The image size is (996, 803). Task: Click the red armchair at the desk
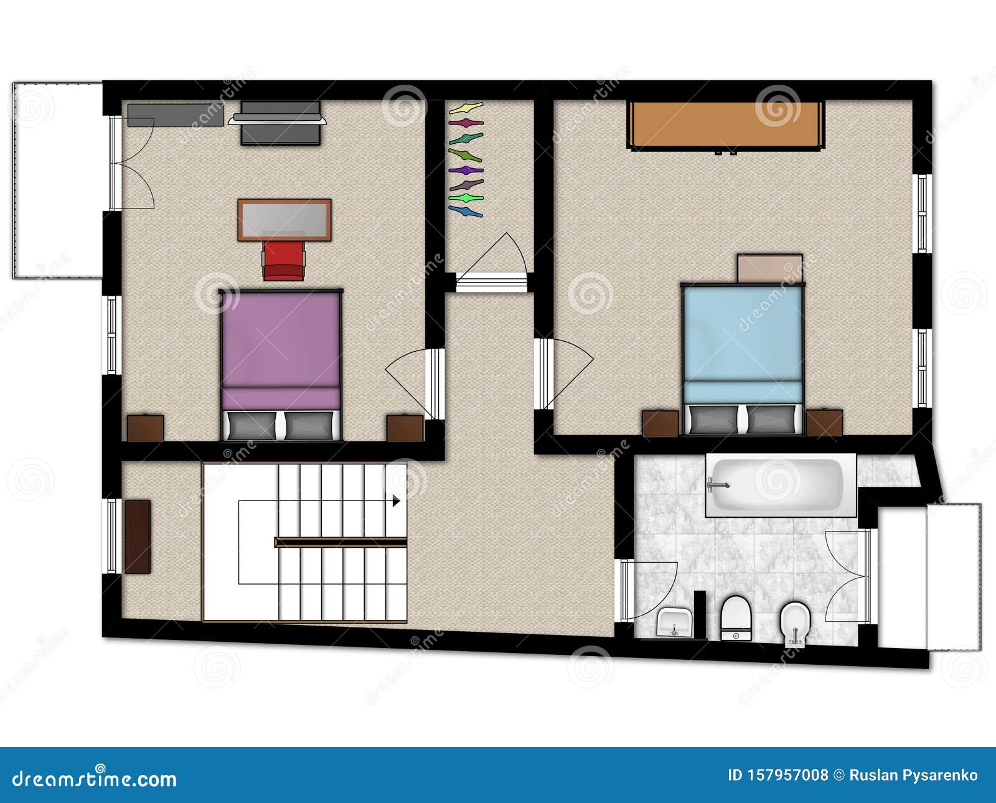point(284,260)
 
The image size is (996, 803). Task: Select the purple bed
point(280,349)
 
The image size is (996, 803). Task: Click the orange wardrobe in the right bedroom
point(726,124)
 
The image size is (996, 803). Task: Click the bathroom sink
point(675,622)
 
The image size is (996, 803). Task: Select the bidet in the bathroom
point(795,624)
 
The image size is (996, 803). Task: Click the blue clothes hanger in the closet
point(466,212)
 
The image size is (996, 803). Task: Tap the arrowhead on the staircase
point(396,500)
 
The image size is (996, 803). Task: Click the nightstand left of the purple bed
point(146,428)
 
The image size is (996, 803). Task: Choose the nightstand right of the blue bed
point(824,423)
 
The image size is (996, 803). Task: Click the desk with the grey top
point(284,220)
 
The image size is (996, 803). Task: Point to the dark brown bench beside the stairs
point(138,536)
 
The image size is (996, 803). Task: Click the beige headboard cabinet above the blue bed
point(769,268)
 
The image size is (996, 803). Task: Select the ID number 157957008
point(778,775)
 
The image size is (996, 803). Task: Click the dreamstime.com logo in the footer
point(95,778)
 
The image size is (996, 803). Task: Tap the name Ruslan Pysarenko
point(913,775)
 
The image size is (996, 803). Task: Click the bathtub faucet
point(716,484)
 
